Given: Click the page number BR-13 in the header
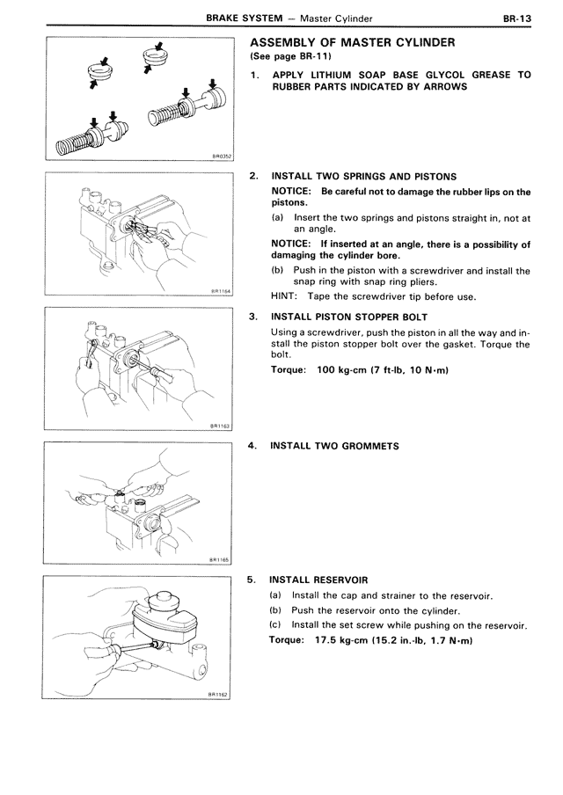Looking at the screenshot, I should click(x=516, y=17).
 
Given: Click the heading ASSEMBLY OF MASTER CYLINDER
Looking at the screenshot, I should click(x=352, y=42).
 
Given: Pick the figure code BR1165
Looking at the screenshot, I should click(x=220, y=558).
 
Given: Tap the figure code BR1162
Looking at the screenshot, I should click(x=220, y=693).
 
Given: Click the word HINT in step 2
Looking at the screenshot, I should click(x=283, y=295).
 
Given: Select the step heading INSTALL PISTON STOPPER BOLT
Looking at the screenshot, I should click(x=350, y=316).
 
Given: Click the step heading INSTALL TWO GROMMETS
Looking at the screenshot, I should click(x=334, y=446).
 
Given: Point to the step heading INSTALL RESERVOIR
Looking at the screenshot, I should click(x=318, y=580).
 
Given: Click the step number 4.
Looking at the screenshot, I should click(x=253, y=446).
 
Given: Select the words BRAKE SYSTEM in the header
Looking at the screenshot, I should click(x=242, y=17).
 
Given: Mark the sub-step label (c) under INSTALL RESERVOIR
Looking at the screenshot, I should click(x=276, y=625).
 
